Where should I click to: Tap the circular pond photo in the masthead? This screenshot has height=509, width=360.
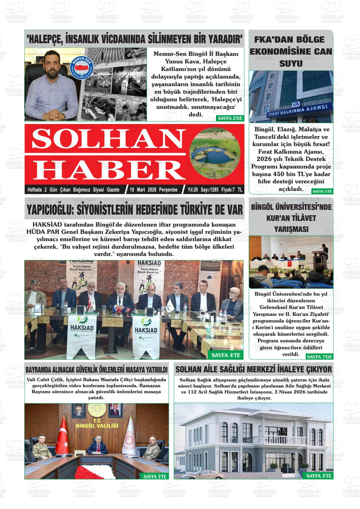point(213,154)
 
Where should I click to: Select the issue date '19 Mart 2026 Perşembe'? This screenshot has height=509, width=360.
point(153,190)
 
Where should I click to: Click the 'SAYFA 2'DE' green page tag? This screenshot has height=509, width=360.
point(230,118)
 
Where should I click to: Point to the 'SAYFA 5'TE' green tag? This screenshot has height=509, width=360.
point(322,191)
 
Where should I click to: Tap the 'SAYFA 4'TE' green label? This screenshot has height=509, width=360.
point(226,355)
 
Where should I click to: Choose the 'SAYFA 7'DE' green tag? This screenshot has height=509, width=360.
point(319,357)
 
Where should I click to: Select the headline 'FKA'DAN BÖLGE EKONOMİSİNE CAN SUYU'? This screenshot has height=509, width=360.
point(291,51)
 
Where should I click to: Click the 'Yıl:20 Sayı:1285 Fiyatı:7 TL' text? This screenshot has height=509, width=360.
point(215,190)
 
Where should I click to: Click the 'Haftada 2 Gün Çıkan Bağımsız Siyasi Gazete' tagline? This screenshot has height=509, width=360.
point(74,190)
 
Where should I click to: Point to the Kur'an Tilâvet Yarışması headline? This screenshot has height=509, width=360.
point(291,218)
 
